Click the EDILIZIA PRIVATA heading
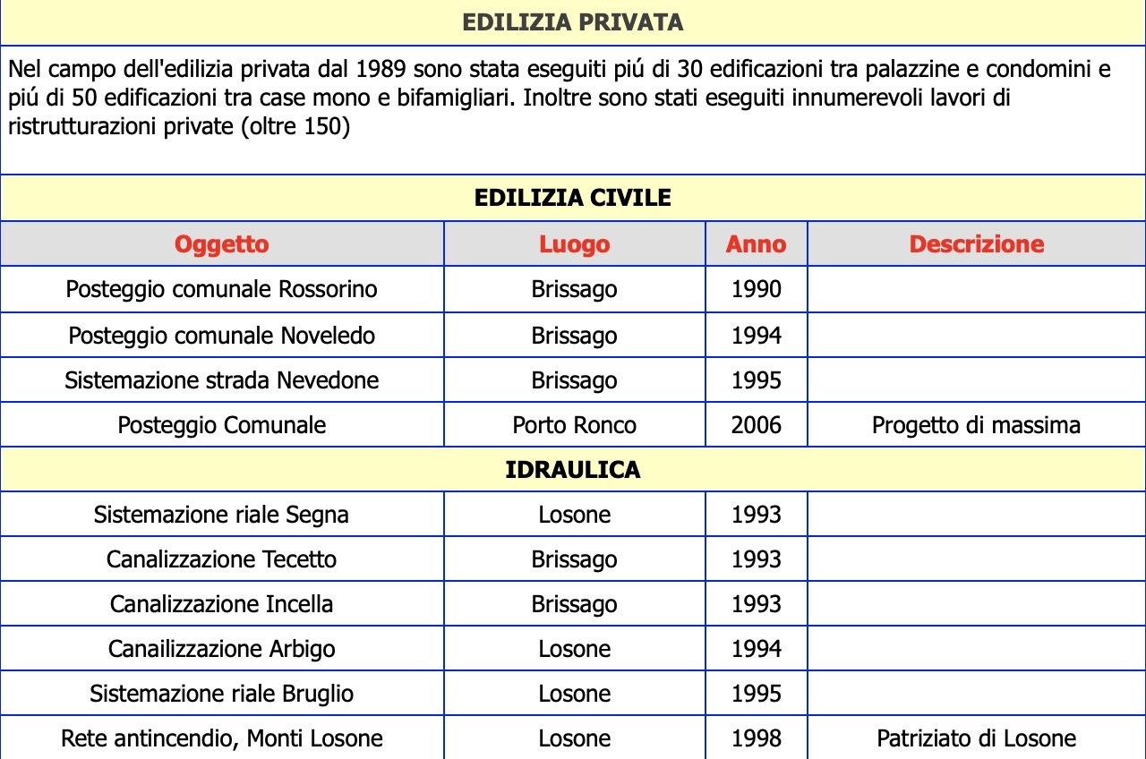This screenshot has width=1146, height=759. [x=572, y=22]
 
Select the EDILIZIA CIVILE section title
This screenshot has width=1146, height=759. [x=572, y=198]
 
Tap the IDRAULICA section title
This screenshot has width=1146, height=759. [x=572, y=470]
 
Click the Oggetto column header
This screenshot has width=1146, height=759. [x=221, y=244]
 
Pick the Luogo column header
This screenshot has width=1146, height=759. [x=574, y=244]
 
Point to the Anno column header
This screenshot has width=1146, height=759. [x=756, y=244]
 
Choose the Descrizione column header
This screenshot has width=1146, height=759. [x=976, y=244]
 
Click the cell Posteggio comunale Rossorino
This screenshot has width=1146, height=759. [x=221, y=290]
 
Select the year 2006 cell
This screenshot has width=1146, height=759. [x=756, y=425]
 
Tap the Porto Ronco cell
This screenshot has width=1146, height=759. [x=574, y=425]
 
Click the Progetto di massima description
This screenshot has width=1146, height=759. [x=976, y=425]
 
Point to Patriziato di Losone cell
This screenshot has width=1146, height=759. [x=976, y=738]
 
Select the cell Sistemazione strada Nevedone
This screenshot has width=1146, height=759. [x=221, y=380]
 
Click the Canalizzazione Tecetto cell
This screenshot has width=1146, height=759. [x=221, y=559]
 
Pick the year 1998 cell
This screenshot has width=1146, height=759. [x=756, y=738]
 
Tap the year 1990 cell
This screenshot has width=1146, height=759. [x=756, y=290]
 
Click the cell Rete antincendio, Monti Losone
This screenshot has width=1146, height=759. [x=221, y=738]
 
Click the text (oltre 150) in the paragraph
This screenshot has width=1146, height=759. [x=295, y=127]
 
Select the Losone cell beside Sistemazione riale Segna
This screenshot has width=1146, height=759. [x=574, y=515]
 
